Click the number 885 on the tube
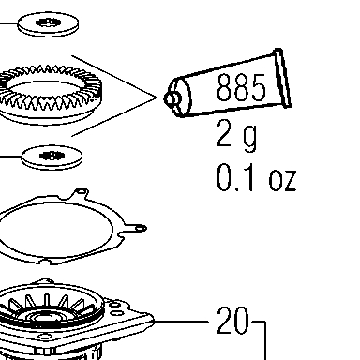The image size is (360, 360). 241,87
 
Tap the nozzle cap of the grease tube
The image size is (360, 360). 172,98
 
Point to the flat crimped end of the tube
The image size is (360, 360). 283,78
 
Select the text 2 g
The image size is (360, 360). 237,137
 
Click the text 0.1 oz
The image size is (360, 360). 256,178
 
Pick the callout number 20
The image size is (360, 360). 233,321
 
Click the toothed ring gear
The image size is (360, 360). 50,94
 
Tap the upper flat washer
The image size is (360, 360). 48,24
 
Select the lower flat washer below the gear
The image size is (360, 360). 52,157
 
